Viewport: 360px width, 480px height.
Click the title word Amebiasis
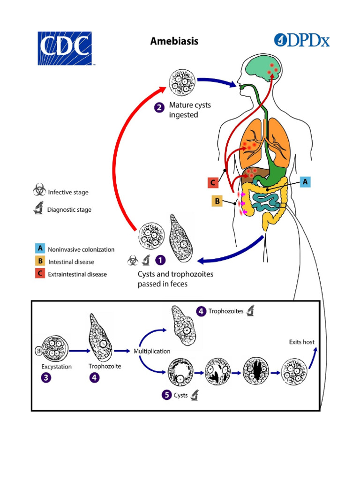[174, 41]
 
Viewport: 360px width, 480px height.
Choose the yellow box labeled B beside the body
[217, 202]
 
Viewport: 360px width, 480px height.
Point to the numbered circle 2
[159, 108]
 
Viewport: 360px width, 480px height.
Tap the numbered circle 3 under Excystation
[48, 379]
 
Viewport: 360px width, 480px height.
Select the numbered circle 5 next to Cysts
[166, 395]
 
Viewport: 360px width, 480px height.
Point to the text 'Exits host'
[301, 342]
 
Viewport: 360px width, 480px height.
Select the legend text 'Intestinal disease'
[71, 262]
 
